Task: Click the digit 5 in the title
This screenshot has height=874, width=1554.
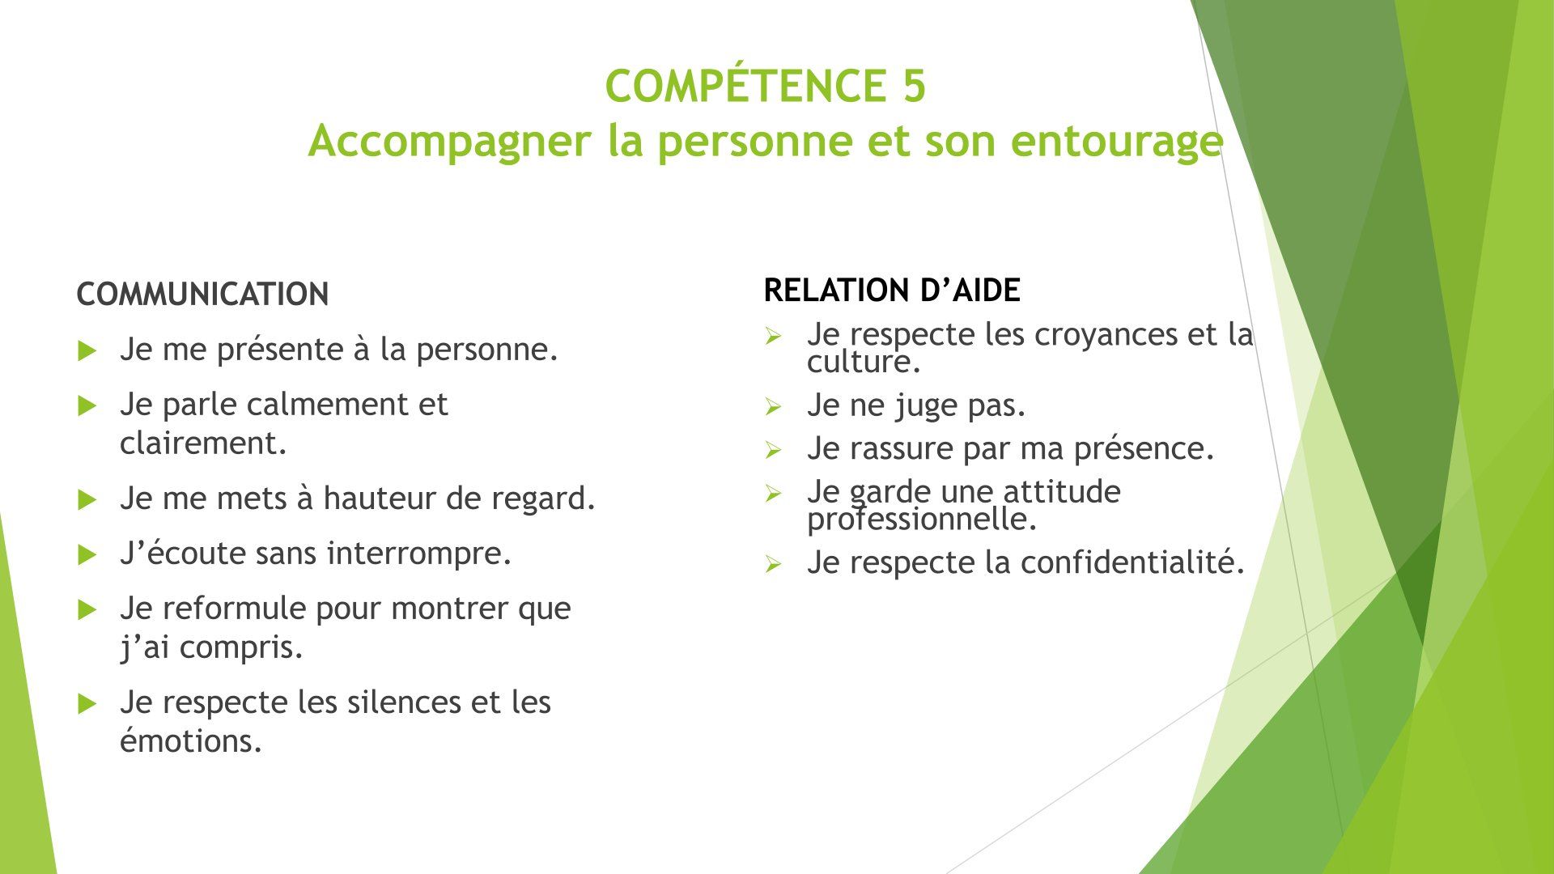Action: point(911,87)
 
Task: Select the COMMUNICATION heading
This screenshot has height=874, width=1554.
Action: point(202,295)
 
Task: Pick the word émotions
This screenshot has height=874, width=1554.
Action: point(192,740)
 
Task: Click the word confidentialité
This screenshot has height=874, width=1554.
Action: point(1132,563)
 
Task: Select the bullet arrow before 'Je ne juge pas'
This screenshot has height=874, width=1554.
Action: point(772,407)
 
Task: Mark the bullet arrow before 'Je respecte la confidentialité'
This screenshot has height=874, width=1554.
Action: point(772,565)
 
